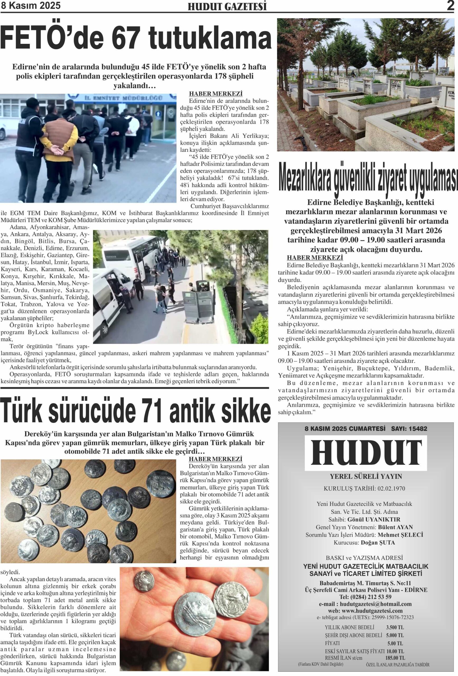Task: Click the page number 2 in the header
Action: (x=450, y=6)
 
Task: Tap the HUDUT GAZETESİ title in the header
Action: (x=227, y=6)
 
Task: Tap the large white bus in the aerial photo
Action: (x=131, y=253)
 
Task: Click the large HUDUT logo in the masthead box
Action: (x=366, y=453)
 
